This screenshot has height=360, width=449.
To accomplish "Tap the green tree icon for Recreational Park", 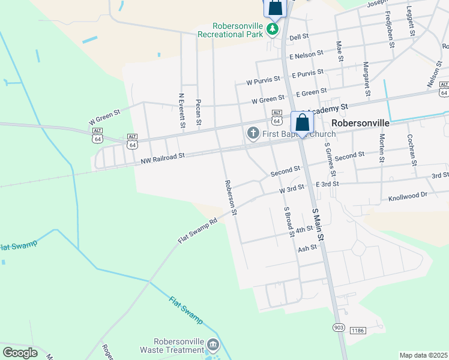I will coord(273,28).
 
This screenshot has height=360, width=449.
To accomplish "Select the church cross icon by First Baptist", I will coord(253,132).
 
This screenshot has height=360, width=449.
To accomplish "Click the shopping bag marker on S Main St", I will coord(302,122).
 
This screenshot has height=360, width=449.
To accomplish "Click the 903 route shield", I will coord(339,327).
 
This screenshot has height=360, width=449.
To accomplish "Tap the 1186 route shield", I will coord(358,331).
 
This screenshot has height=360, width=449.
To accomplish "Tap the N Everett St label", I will coord(181,110).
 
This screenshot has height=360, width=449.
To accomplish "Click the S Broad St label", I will coord(289,223).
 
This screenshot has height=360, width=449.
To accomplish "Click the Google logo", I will coord(20,352).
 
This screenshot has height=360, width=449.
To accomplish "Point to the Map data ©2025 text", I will coord(423,355).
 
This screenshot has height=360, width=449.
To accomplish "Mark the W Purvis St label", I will coord(263,79).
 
